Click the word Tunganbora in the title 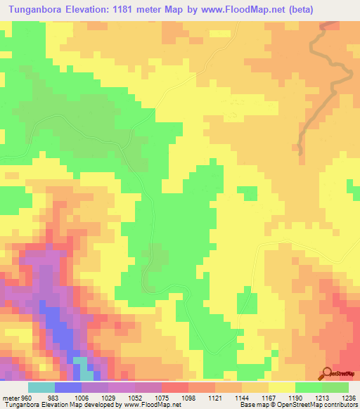pyautogui.click(x=37, y=9)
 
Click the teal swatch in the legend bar pyautogui.click(x=41, y=387)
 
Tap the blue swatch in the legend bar pyautogui.click(x=67, y=387)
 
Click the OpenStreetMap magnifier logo pyautogui.click(x=328, y=372)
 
